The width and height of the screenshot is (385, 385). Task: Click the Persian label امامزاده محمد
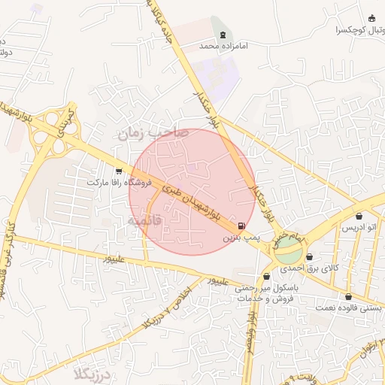click(223, 46)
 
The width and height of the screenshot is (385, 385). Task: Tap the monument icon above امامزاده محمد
click(223, 33)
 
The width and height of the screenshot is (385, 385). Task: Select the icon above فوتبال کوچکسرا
click(371, 19)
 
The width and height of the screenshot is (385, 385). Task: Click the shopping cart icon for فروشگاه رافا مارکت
click(119, 172)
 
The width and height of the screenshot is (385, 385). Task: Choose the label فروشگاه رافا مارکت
click(120, 183)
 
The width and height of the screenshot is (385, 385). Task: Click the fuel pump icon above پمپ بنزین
click(241, 226)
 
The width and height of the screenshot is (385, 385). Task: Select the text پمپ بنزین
click(241, 237)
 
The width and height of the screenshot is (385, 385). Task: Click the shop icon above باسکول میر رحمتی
click(266, 276)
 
